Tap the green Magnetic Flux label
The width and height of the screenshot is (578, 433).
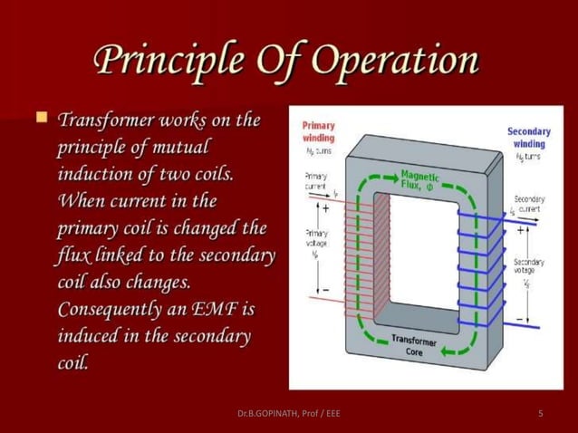[x=417, y=180]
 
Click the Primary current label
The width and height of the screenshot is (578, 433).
[x=316, y=180]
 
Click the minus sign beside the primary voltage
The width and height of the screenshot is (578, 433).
[x=325, y=290]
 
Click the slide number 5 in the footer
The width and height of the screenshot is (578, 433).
[x=540, y=414]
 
